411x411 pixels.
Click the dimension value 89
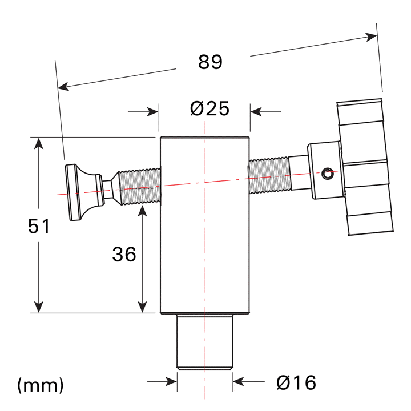210,62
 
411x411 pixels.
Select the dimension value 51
39,226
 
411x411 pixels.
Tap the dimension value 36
124,255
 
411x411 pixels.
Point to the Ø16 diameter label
296,382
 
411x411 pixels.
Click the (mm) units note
40,385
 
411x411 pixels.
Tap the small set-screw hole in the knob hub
327,171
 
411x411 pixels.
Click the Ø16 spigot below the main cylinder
204,342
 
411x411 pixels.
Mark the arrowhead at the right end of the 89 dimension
372,37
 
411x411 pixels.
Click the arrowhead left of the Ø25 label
152,111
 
